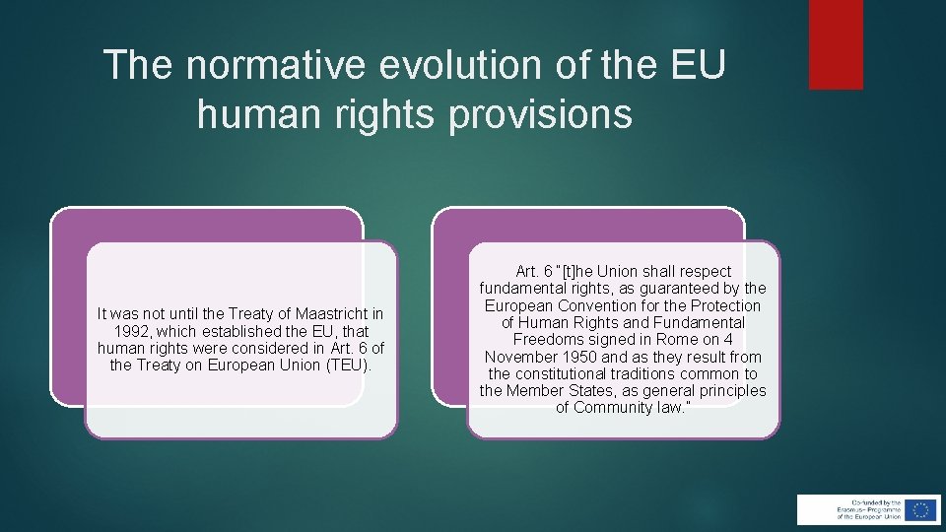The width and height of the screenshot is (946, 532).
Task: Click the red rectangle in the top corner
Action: pos(836,44)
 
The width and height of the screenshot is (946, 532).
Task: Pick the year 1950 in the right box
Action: pos(581,357)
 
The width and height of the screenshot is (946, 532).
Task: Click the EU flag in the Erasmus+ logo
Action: pos(919,509)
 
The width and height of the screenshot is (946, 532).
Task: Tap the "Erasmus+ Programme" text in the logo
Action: pos(867,508)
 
